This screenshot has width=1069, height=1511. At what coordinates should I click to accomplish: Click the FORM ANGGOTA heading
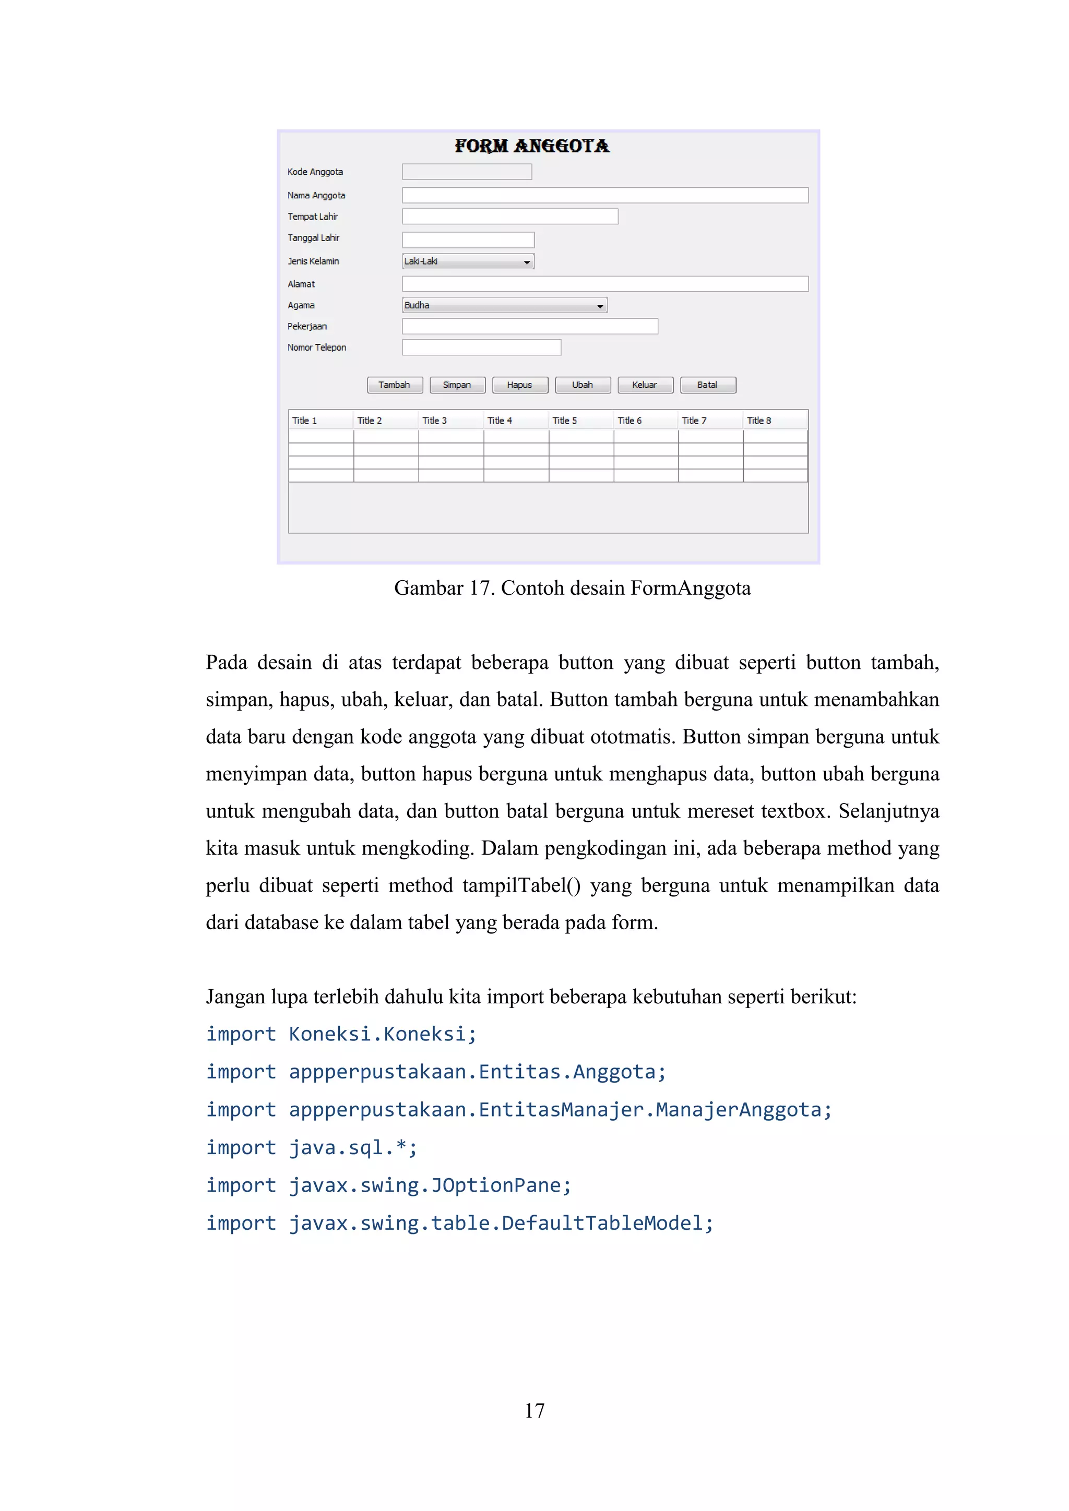(532, 146)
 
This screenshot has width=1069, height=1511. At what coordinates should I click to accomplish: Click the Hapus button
(519, 385)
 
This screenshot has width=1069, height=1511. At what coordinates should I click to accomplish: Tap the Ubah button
(583, 385)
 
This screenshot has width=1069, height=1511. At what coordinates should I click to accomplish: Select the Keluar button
(645, 385)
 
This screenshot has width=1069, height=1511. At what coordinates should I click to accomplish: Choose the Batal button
(708, 385)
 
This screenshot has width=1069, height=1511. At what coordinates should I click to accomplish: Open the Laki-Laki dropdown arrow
(527, 262)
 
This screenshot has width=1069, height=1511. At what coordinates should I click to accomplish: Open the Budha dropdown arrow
(600, 306)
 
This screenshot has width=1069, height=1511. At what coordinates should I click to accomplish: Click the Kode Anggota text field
(467, 172)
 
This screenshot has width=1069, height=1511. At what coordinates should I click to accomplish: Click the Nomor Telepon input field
(481, 347)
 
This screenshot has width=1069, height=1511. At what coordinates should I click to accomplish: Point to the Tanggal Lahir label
(313, 237)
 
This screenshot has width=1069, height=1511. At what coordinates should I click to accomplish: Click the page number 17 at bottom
(534, 1410)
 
